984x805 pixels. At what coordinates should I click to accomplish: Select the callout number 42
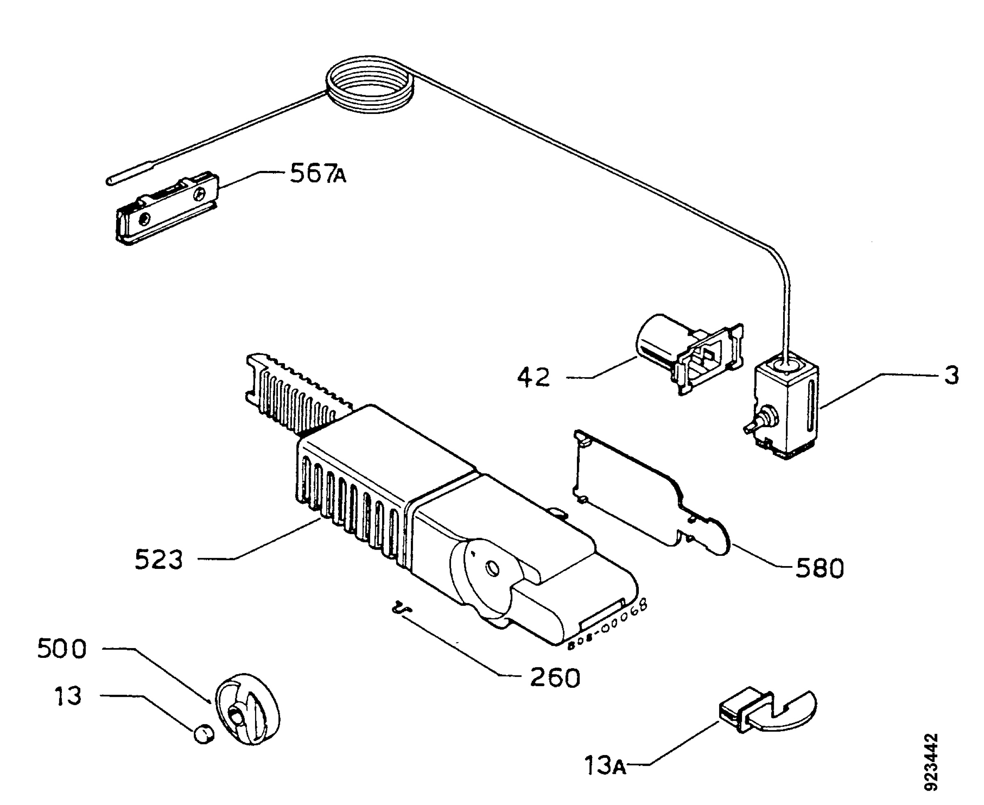(534, 377)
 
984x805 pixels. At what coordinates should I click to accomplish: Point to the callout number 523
(159, 559)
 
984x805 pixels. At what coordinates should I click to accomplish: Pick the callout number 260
(555, 678)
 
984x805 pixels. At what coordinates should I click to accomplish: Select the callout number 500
(61, 648)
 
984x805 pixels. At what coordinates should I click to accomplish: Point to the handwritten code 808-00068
(607, 624)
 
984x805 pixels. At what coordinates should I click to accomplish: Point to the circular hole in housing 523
(492, 568)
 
